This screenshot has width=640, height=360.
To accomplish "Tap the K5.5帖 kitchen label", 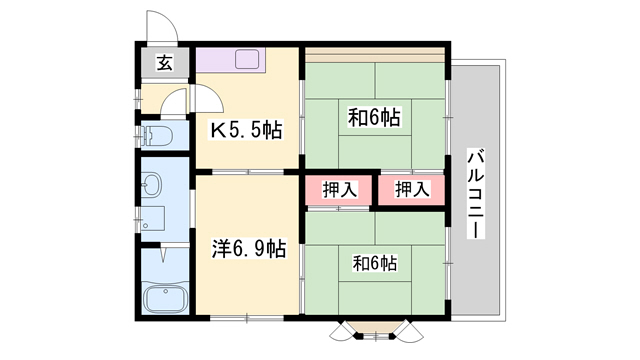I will click(245, 129).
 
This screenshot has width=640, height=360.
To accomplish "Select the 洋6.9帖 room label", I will click(248, 248).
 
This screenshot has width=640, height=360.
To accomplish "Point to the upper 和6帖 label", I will click(374, 118).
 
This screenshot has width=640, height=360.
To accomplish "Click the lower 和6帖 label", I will click(374, 264).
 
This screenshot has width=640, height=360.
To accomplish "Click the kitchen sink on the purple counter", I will click(247, 59).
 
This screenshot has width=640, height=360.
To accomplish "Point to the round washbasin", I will click(151, 184).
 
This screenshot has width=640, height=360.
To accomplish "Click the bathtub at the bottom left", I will click(162, 298).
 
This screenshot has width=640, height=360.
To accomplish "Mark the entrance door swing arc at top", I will click(158, 24).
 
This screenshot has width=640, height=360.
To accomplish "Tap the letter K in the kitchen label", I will click(215, 130).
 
